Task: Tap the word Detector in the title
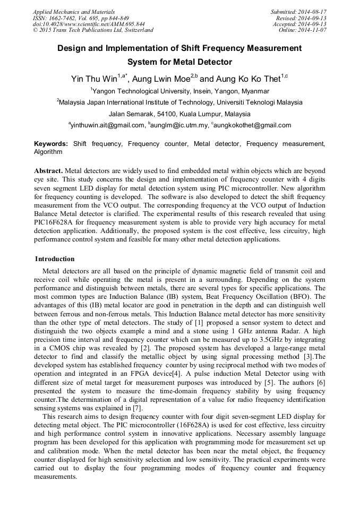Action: point(214,62)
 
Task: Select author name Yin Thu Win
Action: point(94,79)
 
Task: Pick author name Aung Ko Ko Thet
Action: point(249,79)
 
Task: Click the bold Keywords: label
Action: point(51,144)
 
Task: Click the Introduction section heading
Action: point(55,259)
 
